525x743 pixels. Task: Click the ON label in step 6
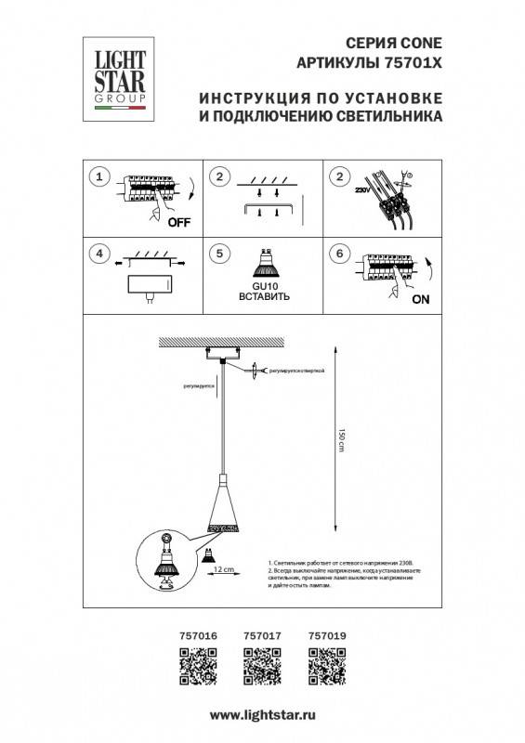pyautogui.click(x=419, y=299)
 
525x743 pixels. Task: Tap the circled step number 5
pyautogui.click(x=220, y=253)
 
